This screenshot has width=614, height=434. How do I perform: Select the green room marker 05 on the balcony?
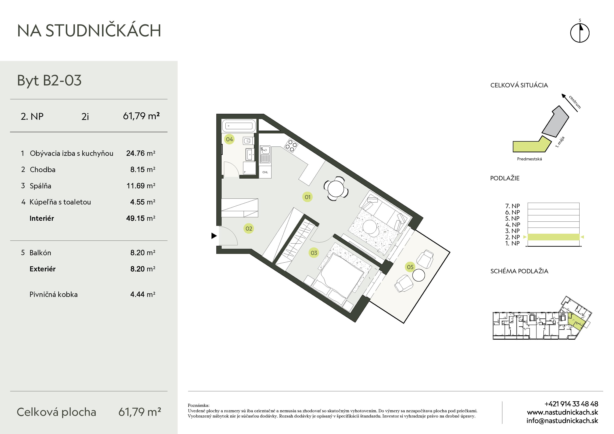coord(410,267)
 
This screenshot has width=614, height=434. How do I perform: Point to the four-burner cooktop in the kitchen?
coord(291,146)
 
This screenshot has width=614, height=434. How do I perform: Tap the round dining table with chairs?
coord(336,188)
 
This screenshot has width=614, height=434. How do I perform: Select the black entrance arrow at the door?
coord(214,236)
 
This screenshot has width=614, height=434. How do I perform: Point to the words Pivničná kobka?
coord(54,294)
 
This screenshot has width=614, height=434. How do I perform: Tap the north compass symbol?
coord(580,33)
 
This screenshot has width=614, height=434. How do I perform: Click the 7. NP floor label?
coord(512,206)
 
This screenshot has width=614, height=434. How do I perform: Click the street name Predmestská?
coord(529,159)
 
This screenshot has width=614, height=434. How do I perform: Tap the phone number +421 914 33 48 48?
coord(571,404)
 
